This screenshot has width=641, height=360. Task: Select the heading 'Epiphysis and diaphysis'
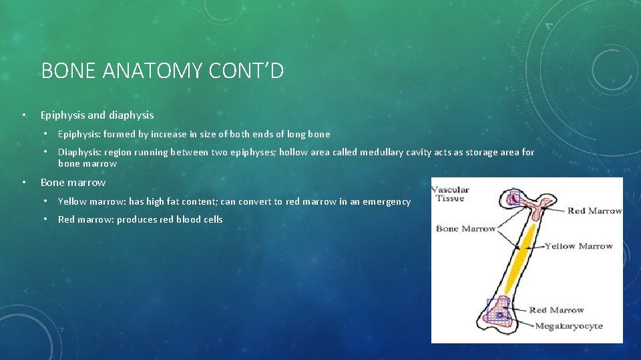click(97, 115)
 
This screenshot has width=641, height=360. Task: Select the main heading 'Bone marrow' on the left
click(73, 182)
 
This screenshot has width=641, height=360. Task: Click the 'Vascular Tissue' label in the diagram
click(451, 193)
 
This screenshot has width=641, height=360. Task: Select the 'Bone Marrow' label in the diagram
click(465, 229)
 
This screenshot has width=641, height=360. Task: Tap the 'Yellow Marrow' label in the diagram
click(578, 246)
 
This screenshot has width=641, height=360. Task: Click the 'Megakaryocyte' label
click(568, 326)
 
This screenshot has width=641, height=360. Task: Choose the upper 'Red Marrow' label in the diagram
click(594, 211)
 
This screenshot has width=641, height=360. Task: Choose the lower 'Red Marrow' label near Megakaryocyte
click(556, 310)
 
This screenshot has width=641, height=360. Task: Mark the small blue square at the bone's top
click(513, 197)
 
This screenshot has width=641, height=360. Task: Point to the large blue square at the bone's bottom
click(498, 311)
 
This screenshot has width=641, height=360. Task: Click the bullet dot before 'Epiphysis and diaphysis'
click(24, 115)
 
